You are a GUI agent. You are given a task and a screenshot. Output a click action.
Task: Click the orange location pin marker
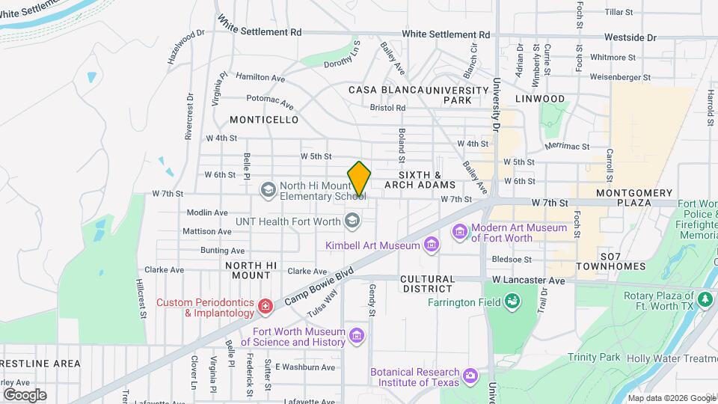(x=359, y=179)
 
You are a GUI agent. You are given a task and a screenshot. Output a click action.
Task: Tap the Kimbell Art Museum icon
(x=431, y=245)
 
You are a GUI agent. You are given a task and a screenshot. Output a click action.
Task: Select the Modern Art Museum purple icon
(x=458, y=233)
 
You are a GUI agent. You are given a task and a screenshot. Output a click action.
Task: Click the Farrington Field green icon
(x=513, y=302)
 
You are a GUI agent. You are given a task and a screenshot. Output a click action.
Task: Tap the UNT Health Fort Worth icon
(x=352, y=221)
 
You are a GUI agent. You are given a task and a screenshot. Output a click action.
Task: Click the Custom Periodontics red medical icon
(x=264, y=307)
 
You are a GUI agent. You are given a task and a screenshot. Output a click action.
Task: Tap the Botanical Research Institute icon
(x=470, y=375)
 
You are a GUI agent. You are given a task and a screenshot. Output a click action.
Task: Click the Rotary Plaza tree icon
(x=704, y=300)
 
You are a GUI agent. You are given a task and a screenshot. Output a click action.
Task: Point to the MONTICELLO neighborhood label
(x=264, y=120)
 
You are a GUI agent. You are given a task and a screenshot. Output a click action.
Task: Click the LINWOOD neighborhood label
(x=539, y=99)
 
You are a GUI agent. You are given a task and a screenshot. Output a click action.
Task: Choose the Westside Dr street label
(x=630, y=36)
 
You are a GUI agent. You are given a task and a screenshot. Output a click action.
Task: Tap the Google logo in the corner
(x=25, y=394)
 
